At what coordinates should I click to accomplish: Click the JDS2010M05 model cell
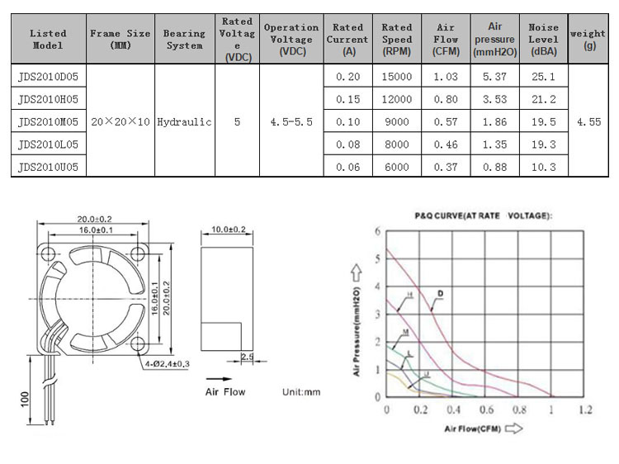(x=48, y=121)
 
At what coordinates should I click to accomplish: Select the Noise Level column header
(x=544, y=39)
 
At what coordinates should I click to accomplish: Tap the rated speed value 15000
(x=397, y=76)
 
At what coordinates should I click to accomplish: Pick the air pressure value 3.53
(x=494, y=99)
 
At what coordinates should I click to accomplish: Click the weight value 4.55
(x=588, y=121)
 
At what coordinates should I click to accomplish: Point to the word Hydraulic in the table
(x=184, y=121)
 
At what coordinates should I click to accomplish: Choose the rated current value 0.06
(x=347, y=167)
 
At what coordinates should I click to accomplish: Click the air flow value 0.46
(x=446, y=144)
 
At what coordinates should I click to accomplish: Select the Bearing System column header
(x=184, y=39)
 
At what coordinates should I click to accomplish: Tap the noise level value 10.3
(x=544, y=167)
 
